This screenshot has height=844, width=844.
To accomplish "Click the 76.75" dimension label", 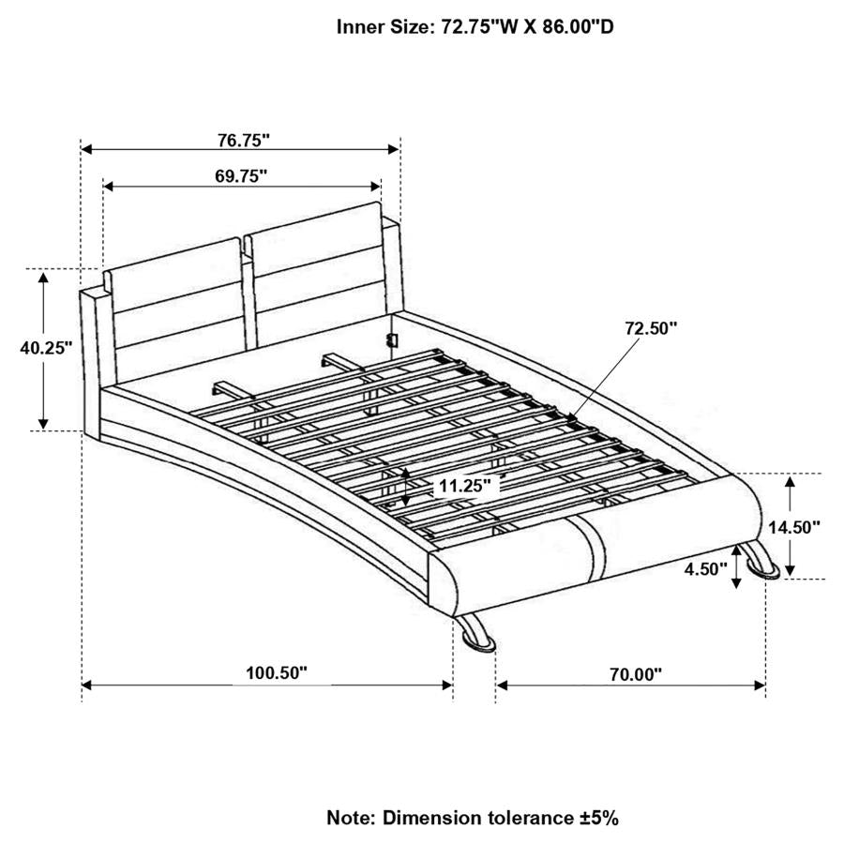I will (243, 141).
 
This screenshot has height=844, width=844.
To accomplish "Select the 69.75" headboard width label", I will (240, 175).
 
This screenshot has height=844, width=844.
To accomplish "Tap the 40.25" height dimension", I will (46, 347).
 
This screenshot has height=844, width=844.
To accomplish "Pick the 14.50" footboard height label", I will (793, 527).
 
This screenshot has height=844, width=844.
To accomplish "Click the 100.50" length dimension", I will (277, 673).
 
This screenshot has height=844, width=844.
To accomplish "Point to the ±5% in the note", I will (596, 817).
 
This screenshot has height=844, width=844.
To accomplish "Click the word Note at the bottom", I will (349, 817).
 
